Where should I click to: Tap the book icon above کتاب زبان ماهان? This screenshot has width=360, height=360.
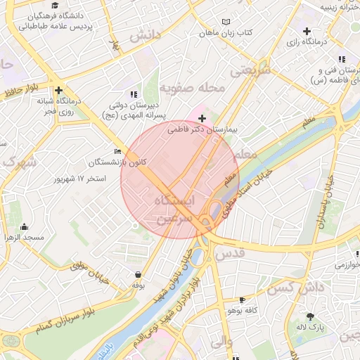[225, 22]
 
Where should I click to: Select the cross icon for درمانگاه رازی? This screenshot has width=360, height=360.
[307, 31]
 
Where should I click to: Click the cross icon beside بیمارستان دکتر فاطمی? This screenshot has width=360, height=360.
[202, 118]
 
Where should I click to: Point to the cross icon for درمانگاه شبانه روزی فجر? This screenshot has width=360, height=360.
[58, 90]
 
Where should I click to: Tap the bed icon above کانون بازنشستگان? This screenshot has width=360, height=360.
[117, 150]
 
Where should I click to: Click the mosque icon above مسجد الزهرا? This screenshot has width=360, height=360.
[25, 226]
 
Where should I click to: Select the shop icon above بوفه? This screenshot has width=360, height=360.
[138, 274]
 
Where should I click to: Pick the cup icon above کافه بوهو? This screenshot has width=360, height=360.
[243, 299]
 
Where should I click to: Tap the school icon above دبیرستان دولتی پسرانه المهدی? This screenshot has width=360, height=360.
[132, 94]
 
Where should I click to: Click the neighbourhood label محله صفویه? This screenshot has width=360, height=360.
[192, 89]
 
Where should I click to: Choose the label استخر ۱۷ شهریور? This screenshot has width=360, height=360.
[81, 179]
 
